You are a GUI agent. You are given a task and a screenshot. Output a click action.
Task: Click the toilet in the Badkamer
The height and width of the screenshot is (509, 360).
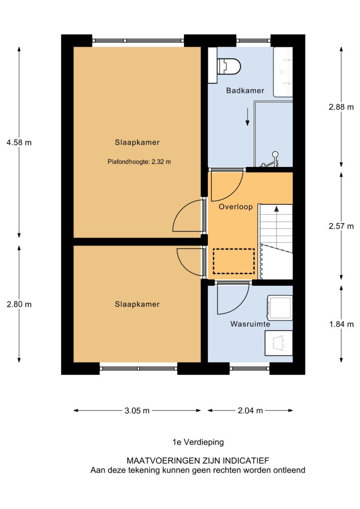tap(229, 66)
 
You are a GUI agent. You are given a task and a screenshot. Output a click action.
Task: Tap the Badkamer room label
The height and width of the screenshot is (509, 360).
tap(245, 90)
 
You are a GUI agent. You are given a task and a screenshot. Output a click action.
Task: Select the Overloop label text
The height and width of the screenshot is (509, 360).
tap(235, 207)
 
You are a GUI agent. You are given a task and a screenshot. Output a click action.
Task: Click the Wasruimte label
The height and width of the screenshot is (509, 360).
tap(250, 324)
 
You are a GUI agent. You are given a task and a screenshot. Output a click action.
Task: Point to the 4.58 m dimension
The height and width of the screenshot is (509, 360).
tap(19, 143)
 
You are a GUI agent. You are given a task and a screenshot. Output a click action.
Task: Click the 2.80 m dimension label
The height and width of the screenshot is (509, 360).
tap(19, 304)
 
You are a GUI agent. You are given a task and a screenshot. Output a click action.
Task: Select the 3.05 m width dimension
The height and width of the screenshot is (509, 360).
tap(137, 411)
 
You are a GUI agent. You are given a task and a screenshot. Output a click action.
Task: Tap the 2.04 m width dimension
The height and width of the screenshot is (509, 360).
tap(250, 411)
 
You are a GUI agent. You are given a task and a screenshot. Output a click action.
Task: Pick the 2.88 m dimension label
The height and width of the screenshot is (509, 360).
tap(341, 107)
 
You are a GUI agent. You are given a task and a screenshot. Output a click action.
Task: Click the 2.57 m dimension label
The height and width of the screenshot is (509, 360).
tap(341, 226)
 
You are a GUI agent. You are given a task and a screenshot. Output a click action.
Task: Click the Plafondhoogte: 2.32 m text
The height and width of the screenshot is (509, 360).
tap(139, 162)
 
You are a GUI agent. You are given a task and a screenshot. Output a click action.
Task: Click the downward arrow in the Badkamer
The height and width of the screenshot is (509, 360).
tap(247, 117)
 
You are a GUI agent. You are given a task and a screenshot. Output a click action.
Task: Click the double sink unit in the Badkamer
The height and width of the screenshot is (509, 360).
tap(283, 72)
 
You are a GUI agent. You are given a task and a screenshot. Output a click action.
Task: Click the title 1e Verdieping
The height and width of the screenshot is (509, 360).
tap(198, 442)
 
